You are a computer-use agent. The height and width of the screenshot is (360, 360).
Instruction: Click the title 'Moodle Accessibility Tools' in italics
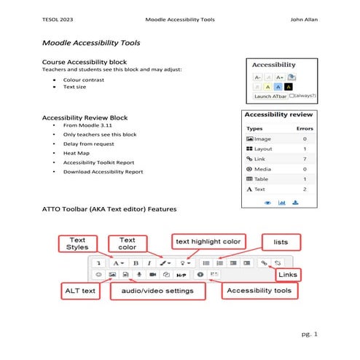[91, 44]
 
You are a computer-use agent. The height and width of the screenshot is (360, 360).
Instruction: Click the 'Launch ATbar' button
[270, 95]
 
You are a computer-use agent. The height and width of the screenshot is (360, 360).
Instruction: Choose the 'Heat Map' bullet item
[77, 153]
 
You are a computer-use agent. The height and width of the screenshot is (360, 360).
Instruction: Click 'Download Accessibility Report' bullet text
[103, 172]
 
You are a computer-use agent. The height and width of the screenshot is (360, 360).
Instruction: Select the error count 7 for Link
[304, 158]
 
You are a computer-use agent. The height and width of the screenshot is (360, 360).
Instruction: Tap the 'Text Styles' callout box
[78, 243]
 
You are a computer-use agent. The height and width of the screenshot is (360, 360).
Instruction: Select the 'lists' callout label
[281, 240]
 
